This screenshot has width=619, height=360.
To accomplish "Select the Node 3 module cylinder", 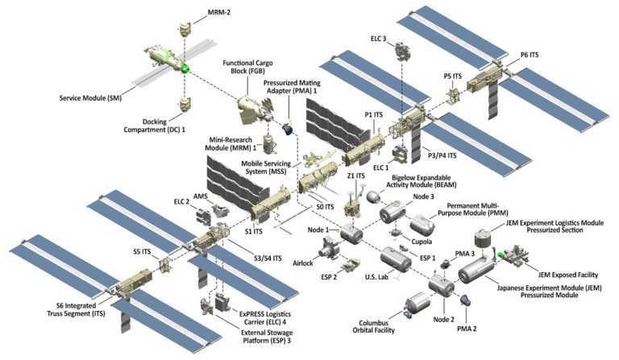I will click(395, 212).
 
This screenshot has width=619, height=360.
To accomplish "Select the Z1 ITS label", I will click(354, 176).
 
